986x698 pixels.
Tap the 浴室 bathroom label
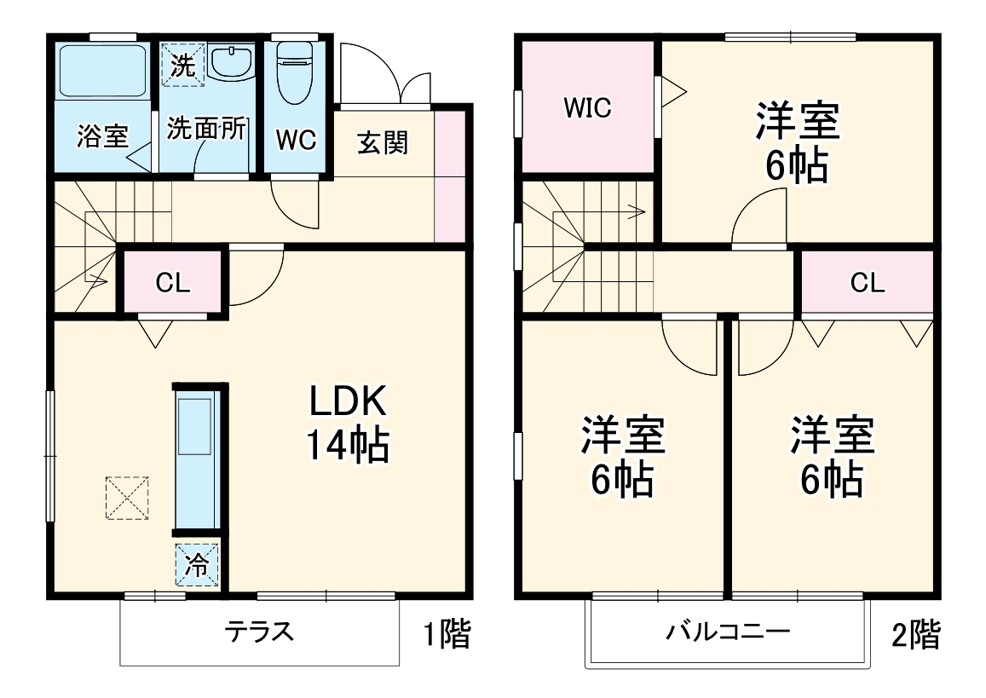(102, 136)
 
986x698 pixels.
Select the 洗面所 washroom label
(206, 129)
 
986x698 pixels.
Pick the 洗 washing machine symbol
(183, 65)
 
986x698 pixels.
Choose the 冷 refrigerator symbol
(197, 565)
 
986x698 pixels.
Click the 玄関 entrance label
(382, 142)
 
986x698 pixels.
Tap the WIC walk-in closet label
(587, 108)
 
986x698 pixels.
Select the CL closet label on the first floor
(173, 284)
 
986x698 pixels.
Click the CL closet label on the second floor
(867, 284)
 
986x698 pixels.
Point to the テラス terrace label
(259, 632)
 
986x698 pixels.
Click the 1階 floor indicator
(447, 635)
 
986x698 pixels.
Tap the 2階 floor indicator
(916, 635)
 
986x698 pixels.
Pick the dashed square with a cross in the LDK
(127, 498)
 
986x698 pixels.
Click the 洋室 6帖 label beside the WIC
(797, 142)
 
